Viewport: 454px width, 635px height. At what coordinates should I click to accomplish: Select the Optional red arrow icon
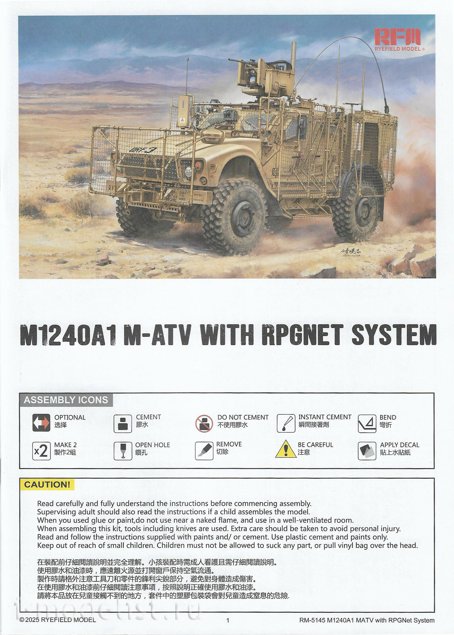(41, 423)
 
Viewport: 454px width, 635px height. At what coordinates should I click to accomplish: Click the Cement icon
(123, 423)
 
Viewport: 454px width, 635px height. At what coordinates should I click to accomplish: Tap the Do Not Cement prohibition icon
(204, 423)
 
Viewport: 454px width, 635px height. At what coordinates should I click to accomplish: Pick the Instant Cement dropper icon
(286, 423)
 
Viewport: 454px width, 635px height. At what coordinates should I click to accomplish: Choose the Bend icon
(367, 423)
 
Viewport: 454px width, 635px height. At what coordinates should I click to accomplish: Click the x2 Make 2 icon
(42, 451)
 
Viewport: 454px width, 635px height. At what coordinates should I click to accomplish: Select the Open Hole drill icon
(123, 451)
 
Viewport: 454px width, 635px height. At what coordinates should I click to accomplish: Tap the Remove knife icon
(204, 451)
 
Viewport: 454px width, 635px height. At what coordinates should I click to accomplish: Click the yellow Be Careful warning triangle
(286, 450)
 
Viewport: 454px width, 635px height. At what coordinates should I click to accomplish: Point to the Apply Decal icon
(367, 451)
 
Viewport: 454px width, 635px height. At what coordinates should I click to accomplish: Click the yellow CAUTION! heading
(47, 485)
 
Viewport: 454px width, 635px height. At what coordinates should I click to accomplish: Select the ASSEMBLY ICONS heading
(66, 400)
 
